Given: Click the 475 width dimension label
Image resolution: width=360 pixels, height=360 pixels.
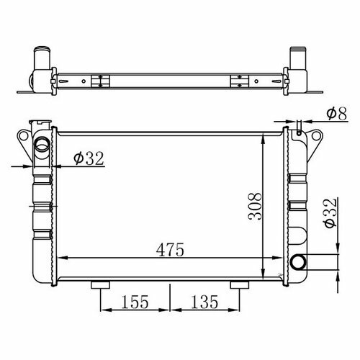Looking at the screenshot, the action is click(170, 250).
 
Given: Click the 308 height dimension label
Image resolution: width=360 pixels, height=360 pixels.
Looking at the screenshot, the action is click(255, 207).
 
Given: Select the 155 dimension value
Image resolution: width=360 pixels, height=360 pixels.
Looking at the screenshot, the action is click(135, 302).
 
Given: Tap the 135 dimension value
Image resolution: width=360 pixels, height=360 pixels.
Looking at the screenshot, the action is click(204, 302).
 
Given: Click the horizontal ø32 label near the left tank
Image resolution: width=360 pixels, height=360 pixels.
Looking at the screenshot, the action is click(89, 158).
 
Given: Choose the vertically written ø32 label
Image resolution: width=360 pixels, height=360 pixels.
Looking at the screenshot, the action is click(330, 213).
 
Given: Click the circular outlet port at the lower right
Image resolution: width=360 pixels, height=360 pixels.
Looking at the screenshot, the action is click(299, 262).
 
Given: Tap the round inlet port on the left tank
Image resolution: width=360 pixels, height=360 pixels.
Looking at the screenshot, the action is click(42, 144).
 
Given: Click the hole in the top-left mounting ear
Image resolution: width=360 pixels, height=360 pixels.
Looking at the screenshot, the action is click(24, 136).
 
